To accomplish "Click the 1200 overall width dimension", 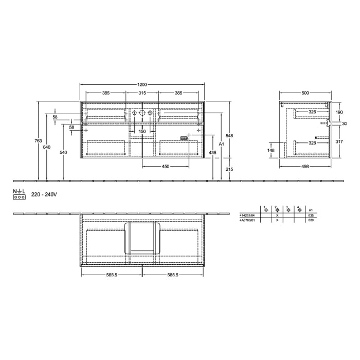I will [142, 84].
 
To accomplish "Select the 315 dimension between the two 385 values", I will [142, 93].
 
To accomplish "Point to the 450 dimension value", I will [166, 166].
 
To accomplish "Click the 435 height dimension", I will [211, 153].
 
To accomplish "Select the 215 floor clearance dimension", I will [230, 169].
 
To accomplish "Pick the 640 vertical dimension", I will [47, 147].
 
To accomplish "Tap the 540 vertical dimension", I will [63, 153].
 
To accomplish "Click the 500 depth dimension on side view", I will [305, 93].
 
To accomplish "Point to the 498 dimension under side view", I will [305, 166].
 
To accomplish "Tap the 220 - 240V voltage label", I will [44, 194].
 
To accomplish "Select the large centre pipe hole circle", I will [142, 112].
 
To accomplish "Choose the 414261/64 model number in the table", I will [247, 215].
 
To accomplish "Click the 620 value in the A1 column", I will [310, 220].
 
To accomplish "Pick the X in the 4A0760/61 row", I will [277, 220].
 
